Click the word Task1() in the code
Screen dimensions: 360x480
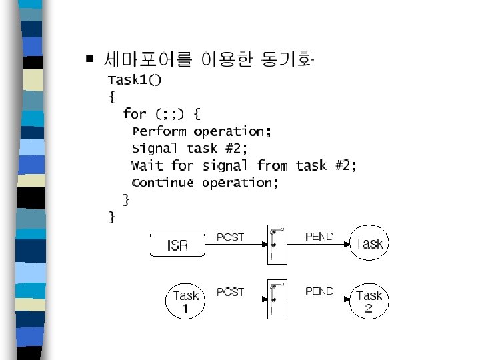(x=135, y=80)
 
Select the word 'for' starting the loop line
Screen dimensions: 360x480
(x=135, y=113)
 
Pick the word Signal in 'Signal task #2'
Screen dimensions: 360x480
(x=155, y=148)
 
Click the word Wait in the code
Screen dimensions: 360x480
(x=147, y=165)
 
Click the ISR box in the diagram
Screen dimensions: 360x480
(x=177, y=245)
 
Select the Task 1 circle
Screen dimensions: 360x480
(x=186, y=301)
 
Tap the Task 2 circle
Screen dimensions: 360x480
(x=369, y=301)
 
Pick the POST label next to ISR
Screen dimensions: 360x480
(x=231, y=237)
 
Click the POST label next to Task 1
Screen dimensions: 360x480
(x=231, y=292)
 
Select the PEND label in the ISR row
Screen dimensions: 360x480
(x=319, y=237)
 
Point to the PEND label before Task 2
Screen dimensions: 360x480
(x=319, y=291)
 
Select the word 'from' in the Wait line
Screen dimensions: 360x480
(x=273, y=165)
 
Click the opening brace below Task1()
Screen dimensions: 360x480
(x=111, y=97)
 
